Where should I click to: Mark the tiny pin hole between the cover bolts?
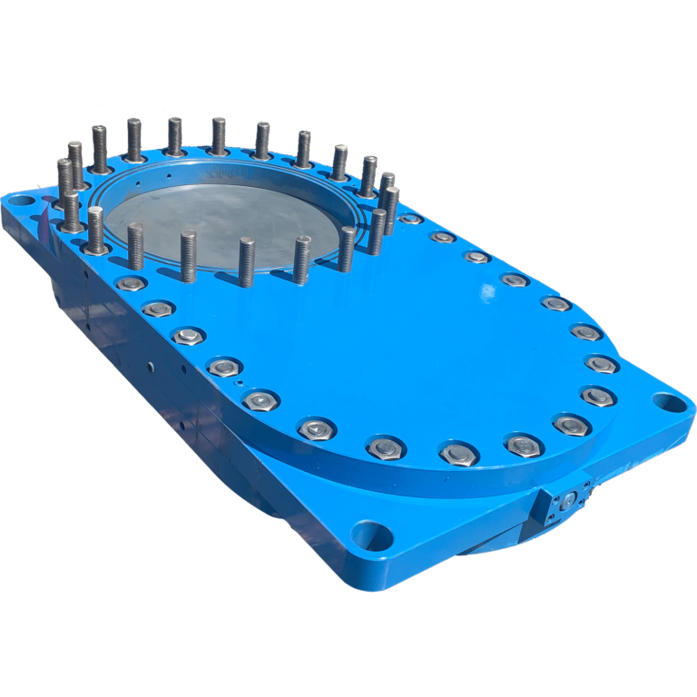[238, 382]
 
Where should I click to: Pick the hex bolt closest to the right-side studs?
[411, 219]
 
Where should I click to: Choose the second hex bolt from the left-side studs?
[158, 309]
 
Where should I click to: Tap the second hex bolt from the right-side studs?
[443, 237]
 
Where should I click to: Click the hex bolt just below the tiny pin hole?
[261, 400]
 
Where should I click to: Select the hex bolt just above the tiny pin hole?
[223, 367]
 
